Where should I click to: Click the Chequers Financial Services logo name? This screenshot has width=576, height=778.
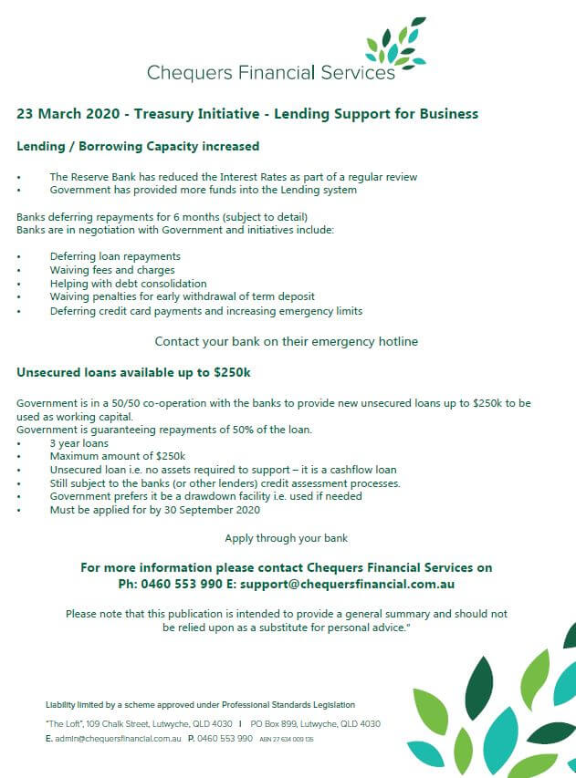point(271,72)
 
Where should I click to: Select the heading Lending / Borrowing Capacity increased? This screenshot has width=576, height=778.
point(138,146)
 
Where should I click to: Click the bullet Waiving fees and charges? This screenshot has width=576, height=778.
point(112,270)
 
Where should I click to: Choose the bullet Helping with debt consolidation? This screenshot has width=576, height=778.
point(128,284)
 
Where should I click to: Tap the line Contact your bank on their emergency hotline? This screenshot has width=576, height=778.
point(286,342)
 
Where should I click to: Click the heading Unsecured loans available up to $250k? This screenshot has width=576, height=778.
point(133,372)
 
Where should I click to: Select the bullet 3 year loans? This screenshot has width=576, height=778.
point(79,443)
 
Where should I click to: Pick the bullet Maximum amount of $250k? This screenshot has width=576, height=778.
point(117,456)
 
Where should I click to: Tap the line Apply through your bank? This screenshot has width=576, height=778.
point(286,538)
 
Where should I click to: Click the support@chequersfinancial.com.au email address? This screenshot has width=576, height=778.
point(362,584)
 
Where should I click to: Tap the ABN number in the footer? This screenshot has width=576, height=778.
point(287,739)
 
